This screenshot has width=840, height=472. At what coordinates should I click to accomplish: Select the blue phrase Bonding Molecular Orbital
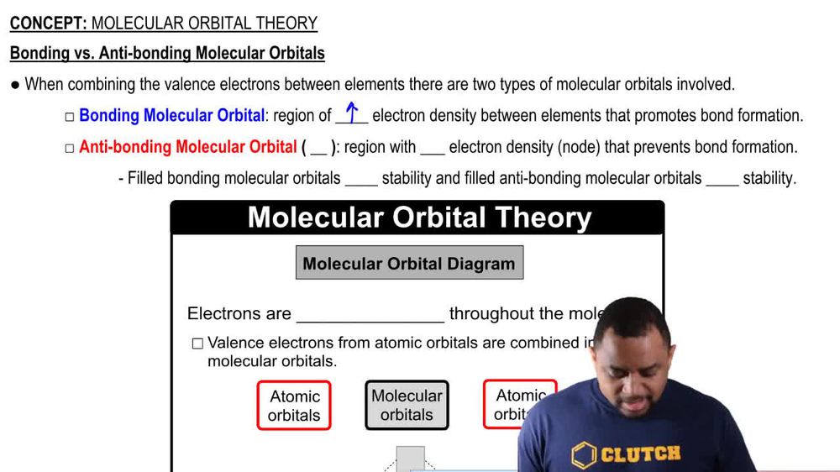[x=171, y=116]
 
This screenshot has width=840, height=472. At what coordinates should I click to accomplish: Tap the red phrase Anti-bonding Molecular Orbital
[x=187, y=147]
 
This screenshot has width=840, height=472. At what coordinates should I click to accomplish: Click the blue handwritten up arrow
[x=352, y=113]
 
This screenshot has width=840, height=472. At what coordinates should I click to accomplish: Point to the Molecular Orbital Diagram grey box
[x=409, y=264]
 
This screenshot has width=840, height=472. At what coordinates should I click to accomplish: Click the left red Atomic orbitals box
[x=294, y=406]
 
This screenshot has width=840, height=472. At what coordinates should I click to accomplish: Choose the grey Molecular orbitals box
[x=407, y=406]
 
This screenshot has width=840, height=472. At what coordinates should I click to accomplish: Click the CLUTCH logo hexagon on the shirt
[x=585, y=454]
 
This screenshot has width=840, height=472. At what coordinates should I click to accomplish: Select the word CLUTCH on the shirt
[x=641, y=454]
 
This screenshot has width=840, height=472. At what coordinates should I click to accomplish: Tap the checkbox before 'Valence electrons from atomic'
[x=197, y=343]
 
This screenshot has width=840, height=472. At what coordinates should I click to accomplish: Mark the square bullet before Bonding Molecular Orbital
[x=70, y=117]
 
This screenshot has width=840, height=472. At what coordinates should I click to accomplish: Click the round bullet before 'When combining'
[x=15, y=85]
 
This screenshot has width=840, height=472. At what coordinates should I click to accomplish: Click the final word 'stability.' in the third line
[x=769, y=178]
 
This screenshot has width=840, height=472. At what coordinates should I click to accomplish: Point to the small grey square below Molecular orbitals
[x=410, y=459]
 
